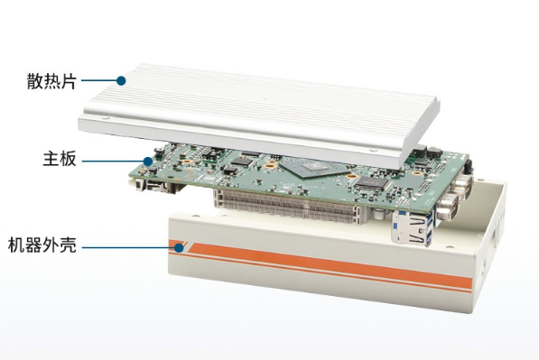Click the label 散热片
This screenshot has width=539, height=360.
pos(51,81)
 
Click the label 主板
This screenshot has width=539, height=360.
pos(60,160)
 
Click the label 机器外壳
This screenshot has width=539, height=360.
pos(42,245)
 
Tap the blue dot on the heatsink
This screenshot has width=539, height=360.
pos(121,80)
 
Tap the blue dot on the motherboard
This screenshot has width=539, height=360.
pos(148,162)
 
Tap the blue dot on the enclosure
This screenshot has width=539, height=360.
pos(179,247)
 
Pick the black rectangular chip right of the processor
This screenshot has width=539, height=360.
pos(372,183)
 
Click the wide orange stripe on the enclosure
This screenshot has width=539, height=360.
pos(330,264)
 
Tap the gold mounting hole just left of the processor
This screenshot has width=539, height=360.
pos(271,166)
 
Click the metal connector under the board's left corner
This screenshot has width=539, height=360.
pos(152,185)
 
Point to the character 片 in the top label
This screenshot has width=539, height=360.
pos(69,81)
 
